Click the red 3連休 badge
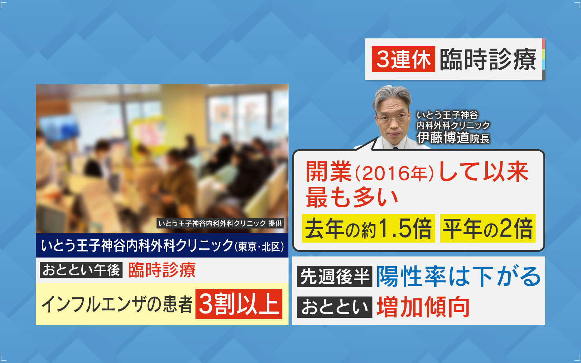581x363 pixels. pyautogui.click(x=403, y=59)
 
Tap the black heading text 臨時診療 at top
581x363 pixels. pyautogui.click(x=488, y=60)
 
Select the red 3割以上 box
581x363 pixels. pyautogui.click(x=239, y=303)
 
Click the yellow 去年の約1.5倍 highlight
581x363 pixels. pyautogui.click(x=368, y=228)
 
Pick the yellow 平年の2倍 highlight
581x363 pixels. pyautogui.click(x=488, y=228)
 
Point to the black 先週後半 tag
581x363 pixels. pyautogui.click(x=335, y=276)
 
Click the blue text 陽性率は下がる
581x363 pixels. pyautogui.click(x=458, y=277)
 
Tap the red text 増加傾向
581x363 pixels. pyautogui.click(x=423, y=307)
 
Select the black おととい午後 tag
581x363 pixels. pyautogui.click(x=81, y=270)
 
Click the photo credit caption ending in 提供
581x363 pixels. pyautogui.click(x=220, y=223)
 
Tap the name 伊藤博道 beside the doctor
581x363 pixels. pyautogui.click(x=443, y=138)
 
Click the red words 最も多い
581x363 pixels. pyautogui.click(x=352, y=198)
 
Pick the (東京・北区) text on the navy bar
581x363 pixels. pyautogui.click(x=259, y=247)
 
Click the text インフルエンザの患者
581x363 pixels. pyautogui.click(x=117, y=304)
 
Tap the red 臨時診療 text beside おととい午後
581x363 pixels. pyautogui.click(x=162, y=270)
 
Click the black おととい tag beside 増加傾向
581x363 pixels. pyautogui.click(x=335, y=307)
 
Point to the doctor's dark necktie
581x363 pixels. pyautogui.click(x=395, y=148)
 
